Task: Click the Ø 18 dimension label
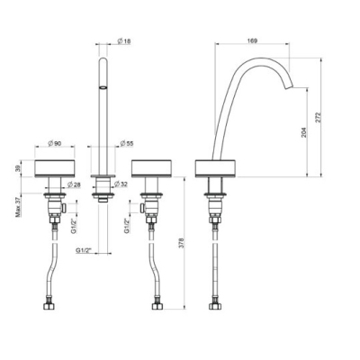coord(124,41)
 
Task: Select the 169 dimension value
coord(253,40)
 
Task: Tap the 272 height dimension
coord(318,117)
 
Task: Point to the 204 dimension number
coord(304,132)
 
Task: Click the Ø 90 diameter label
coord(55,143)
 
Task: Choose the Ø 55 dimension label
coord(126,143)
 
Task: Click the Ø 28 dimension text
coord(74,184)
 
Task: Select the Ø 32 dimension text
coord(121,184)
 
